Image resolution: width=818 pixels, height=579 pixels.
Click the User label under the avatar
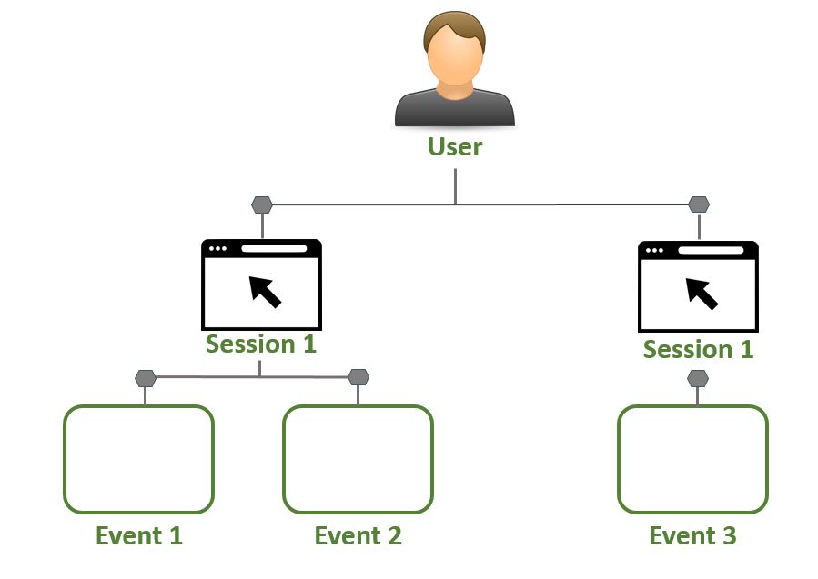(x=455, y=146)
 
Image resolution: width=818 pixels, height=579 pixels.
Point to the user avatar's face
(x=455, y=58)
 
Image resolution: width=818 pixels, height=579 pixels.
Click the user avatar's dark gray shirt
(x=455, y=111)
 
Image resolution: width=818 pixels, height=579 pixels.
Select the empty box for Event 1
(x=139, y=459)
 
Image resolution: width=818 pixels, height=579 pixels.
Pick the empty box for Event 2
(x=358, y=459)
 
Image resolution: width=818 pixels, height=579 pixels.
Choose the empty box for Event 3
(x=692, y=459)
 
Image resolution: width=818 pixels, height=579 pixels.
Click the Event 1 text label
(x=139, y=535)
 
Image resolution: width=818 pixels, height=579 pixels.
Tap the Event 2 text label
(x=358, y=535)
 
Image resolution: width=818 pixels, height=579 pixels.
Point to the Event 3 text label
(x=692, y=535)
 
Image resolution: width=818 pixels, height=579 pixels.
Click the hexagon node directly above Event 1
(x=145, y=378)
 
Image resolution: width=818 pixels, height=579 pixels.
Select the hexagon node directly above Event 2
(x=359, y=377)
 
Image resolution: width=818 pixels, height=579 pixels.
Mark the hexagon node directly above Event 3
(x=698, y=378)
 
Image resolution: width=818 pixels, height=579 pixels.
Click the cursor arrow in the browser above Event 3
(x=702, y=294)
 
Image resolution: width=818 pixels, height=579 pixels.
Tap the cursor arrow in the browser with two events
(x=265, y=292)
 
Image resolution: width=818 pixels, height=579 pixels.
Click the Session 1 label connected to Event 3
(x=698, y=349)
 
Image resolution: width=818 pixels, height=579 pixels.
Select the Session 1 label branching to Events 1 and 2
(x=261, y=344)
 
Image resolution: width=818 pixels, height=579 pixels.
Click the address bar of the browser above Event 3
(x=711, y=250)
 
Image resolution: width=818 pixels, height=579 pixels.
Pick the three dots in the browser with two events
(x=217, y=248)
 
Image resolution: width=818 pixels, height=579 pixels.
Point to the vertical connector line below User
(x=456, y=186)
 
